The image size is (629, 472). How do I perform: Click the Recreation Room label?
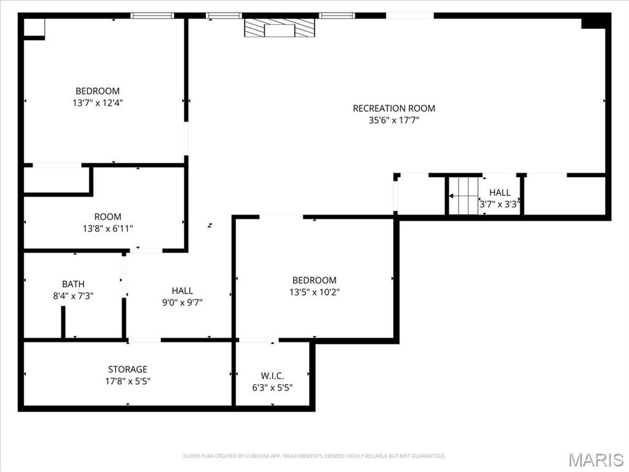394,108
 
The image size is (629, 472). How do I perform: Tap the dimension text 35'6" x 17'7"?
394,120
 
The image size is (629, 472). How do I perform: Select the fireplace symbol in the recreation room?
279,28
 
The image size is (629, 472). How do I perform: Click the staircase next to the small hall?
463,196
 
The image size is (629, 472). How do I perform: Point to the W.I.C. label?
272,376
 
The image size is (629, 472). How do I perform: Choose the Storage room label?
128,369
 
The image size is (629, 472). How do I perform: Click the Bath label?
73,284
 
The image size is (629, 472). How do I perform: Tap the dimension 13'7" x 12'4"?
98,103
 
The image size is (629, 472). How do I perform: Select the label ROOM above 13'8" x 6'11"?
107,216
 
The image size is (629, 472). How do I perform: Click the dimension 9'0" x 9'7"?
182,302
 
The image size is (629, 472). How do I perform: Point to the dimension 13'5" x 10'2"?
314,293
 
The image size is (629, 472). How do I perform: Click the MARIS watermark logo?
595,460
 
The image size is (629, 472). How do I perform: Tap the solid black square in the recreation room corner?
593,22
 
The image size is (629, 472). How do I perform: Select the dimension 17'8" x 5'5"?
128,381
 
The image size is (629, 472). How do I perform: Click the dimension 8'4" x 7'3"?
73,296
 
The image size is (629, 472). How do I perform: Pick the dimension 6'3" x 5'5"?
272,387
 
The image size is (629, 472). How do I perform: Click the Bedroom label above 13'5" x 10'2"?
314,280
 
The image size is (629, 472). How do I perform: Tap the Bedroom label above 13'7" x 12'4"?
98,91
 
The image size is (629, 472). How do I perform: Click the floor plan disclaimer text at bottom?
314,456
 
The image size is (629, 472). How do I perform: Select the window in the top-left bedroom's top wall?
152,15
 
